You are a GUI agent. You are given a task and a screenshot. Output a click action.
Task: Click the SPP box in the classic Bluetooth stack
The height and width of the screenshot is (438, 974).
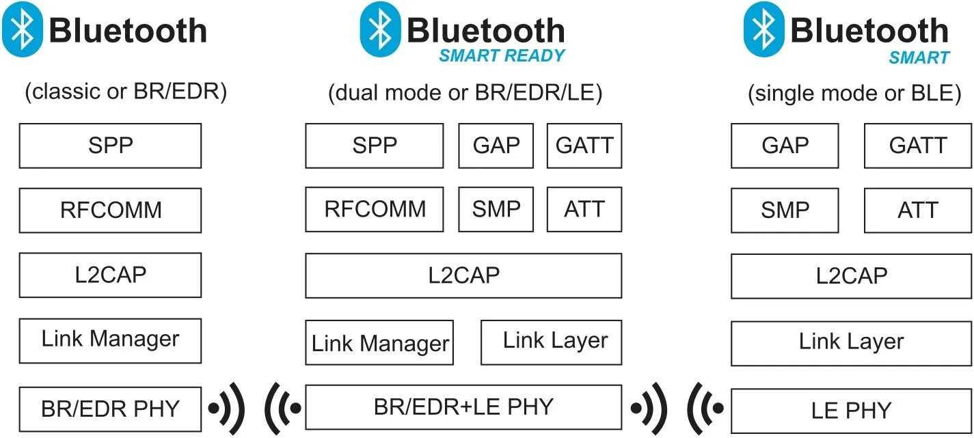click(x=110, y=146)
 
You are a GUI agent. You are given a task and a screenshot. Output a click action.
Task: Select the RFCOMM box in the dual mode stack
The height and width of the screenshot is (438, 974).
click(x=374, y=209)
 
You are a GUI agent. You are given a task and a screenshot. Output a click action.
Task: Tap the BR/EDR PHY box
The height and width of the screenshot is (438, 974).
click(x=110, y=409)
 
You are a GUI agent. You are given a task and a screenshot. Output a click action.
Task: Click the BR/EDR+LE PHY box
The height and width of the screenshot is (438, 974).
click(x=463, y=407)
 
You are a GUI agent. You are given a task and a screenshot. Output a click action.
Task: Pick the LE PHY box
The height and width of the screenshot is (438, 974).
click(x=851, y=410)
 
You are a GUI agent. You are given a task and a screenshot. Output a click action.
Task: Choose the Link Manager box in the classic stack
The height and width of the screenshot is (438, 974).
click(x=110, y=340)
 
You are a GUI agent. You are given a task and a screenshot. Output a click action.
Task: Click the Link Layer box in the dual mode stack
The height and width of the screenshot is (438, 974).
click(x=551, y=342)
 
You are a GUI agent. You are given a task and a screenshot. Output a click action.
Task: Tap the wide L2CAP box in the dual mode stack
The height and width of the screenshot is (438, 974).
click(x=463, y=275)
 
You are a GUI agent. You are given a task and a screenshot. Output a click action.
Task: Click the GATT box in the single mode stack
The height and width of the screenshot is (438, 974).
click(x=917, y=146)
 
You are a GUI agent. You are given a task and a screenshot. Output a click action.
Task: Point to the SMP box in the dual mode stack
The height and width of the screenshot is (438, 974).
click(x=496, y=209)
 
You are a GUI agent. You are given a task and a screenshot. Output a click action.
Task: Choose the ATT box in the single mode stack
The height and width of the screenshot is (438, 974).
click(x=917, y=210)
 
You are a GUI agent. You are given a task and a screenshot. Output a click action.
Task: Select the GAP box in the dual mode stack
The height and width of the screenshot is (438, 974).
click(x=496, y=146)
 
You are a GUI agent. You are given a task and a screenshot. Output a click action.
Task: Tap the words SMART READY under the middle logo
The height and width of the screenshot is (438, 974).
click(x=502, y=56)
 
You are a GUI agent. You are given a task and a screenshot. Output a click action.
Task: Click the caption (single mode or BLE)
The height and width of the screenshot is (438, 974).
click(x=854, y=93)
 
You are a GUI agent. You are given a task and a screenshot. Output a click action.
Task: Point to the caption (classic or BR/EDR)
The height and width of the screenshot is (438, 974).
click(x=125, y=92)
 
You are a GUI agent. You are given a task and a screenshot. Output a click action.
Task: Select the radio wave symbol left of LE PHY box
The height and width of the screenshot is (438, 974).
click(x=705, y=409)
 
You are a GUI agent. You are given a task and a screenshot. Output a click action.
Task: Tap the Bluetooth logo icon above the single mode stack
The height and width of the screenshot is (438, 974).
click(x=763, y=29)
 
